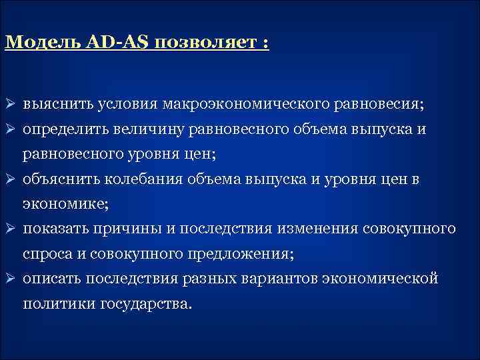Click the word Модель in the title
point(43,43)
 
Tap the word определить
point(63,129)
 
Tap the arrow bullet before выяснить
point(10,105)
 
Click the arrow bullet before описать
point(10,279)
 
